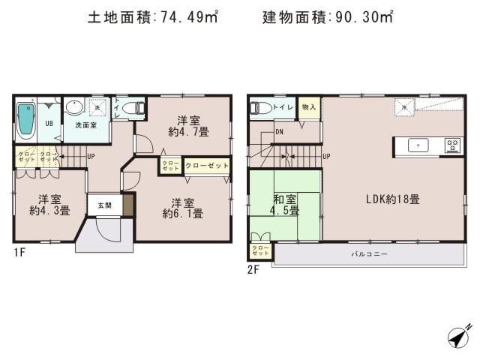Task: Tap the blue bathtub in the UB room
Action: coord(25,120)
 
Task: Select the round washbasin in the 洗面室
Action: coord(73,108)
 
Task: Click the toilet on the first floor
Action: coord(132,109)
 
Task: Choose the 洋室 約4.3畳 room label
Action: coord(49,205)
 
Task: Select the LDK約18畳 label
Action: coord(392,199)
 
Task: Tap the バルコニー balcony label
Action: coord(369,255)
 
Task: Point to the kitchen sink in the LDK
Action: coord(417,145)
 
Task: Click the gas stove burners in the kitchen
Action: coord(453,145)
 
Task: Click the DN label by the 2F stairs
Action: coord(279,133)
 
